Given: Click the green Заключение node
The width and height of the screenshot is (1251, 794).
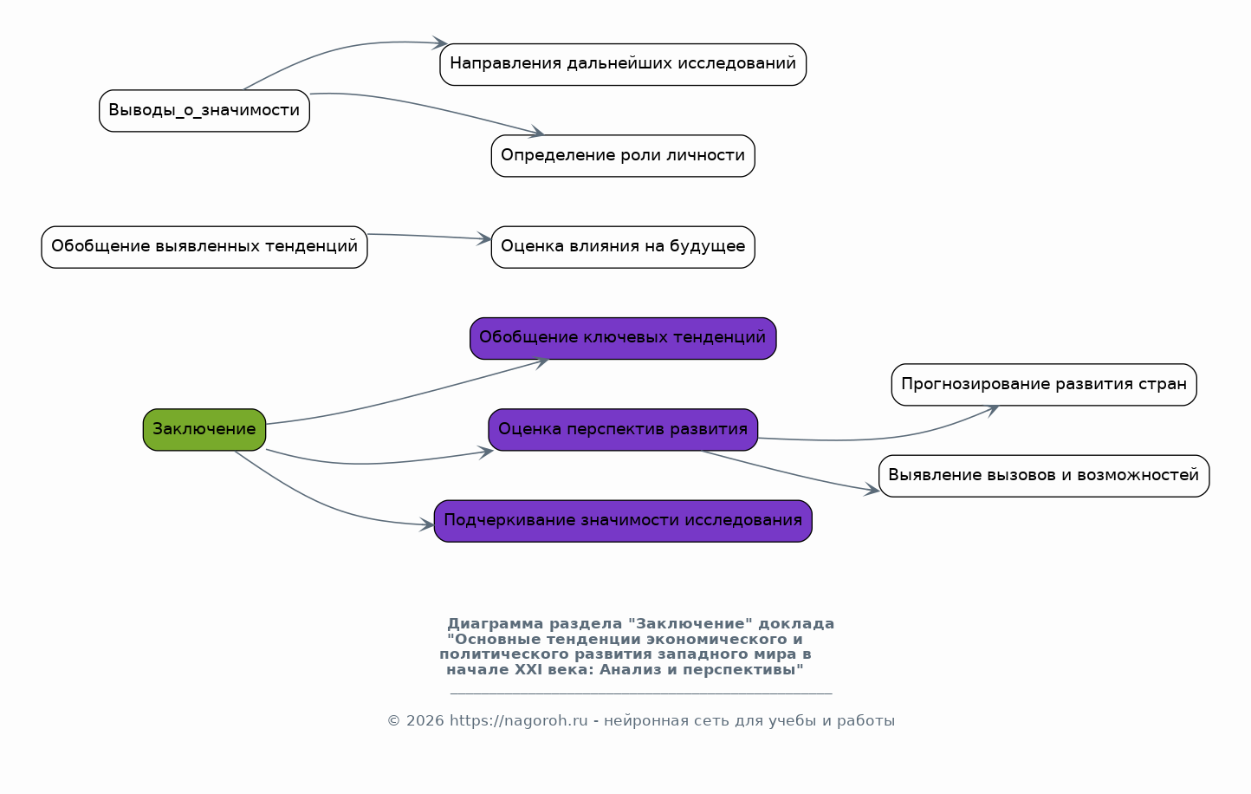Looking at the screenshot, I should (x=204, y=430).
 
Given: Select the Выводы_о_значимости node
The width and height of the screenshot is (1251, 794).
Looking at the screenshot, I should (x=204, y=111).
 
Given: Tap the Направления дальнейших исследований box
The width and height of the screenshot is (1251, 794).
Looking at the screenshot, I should (x=623, y=64).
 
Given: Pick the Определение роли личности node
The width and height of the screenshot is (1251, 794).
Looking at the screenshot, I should (x=623, y=156).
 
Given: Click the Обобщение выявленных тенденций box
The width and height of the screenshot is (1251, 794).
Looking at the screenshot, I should (x=204, y=247).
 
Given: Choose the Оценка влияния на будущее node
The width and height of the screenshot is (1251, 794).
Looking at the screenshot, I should (x=623, y=247).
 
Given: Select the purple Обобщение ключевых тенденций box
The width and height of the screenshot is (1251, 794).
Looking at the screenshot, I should (x=623, y=338).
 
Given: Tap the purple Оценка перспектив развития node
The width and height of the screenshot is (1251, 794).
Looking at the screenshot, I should (x=623, y=430).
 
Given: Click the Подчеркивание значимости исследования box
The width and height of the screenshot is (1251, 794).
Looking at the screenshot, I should (x=623, y=521).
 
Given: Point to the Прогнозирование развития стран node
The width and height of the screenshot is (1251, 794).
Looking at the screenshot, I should (x=1044, y=385).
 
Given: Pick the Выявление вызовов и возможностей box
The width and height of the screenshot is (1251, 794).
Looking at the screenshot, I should (x=1044, y=476).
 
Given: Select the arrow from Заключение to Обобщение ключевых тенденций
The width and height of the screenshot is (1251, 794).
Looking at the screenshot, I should (x=399, y=400).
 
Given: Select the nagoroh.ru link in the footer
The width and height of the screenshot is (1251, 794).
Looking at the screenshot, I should (x=518, y=721).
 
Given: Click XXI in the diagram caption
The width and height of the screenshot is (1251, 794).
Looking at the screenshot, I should (x=528, y=669).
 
